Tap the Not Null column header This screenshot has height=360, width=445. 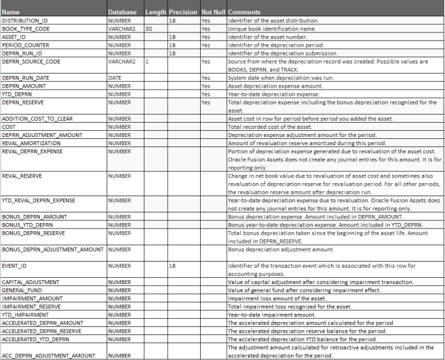click(213, 12)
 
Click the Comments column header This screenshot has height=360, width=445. click(244, 12)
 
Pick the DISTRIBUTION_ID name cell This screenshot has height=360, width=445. click(24, 21)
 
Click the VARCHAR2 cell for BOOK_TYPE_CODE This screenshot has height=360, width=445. click(120, 29)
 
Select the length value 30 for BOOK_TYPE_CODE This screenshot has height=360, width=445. click(149, 29)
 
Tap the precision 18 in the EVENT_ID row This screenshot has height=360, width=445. click(173, 266)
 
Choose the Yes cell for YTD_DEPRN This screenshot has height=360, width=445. click(206, 93)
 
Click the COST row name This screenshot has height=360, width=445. click(10, 126)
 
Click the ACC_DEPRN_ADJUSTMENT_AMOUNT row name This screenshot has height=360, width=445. click(47, 356)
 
